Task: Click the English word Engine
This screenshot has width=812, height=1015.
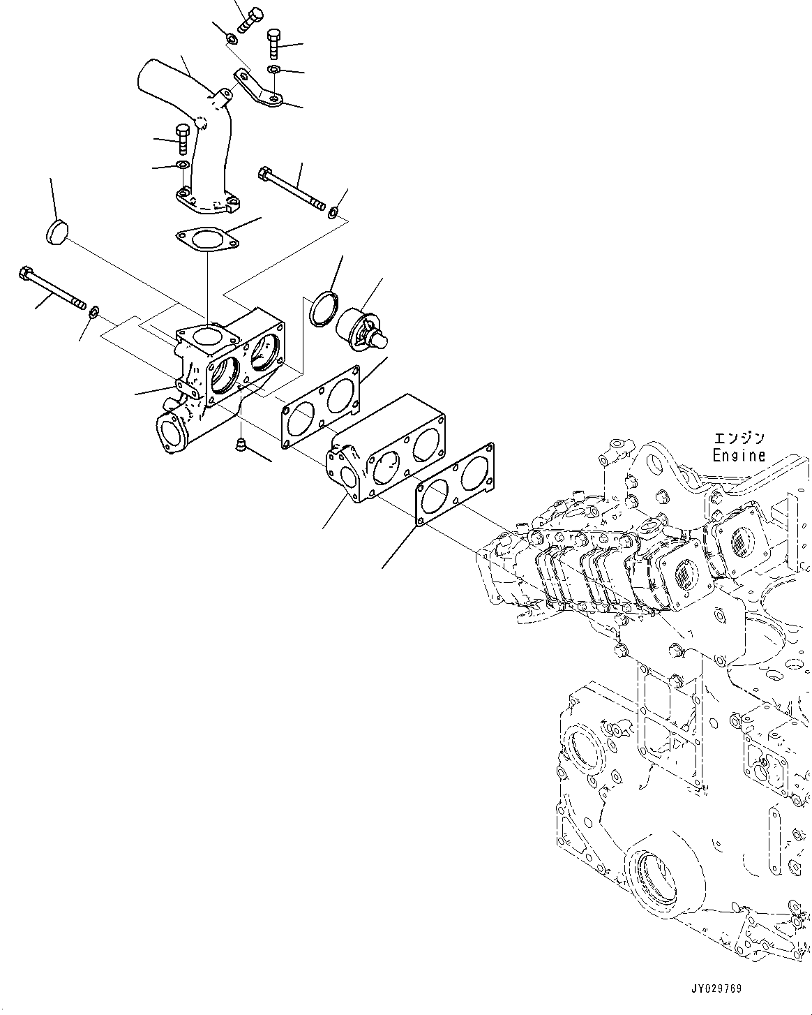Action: pos(738,456)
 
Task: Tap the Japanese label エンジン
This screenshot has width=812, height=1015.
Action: pos(738,438)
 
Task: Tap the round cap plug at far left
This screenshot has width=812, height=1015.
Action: pos(55,233)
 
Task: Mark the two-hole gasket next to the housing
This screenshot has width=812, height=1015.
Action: pos(321,407)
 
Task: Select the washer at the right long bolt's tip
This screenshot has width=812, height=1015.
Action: pos(334,212)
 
